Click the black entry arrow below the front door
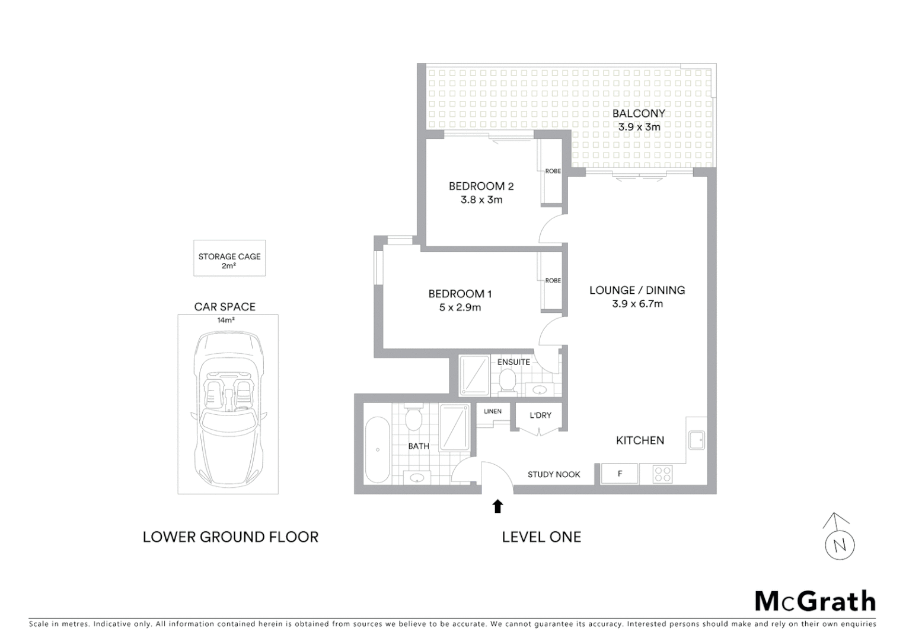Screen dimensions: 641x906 click(497, 506)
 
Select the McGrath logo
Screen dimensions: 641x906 click(815, 601)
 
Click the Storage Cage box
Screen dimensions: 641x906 click(229, 258)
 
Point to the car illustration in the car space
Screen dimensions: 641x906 click(228, 404)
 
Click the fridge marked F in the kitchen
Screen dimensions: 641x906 click(620, 474)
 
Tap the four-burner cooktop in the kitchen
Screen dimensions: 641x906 click(662, 474)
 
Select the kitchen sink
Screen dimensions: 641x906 click(696, 440)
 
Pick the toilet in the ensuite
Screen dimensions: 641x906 click(507, 380)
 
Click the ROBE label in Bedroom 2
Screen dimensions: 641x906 click(553, 171)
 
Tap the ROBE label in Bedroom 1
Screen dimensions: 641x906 click(553, 281)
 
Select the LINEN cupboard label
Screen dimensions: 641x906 click(492, 411)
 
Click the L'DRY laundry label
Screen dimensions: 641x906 click(540, 415)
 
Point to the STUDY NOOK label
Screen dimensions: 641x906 click(554, 474)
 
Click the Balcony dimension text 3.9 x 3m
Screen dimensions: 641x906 click(639, 126)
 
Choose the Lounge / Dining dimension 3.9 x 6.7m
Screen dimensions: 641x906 click(637, 304)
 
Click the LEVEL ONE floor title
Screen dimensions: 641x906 click(541, 537)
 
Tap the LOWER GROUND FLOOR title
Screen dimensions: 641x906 click(231, 537)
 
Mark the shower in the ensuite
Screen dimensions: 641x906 click(474, 375)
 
